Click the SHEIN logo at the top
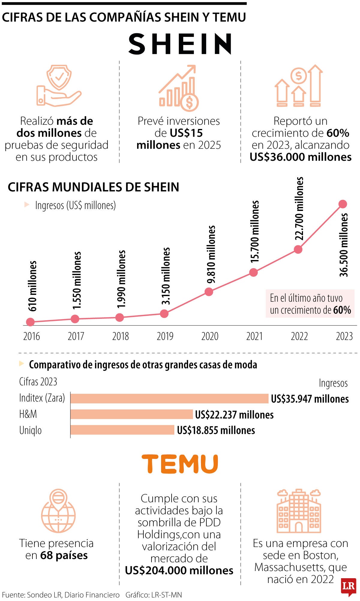(x=180, y=44)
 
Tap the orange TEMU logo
(x=180, y=464)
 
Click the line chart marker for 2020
(x=209, y=292)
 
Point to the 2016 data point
(x=30, y=322)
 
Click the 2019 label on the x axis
(x=165, y=336)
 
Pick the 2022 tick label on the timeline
(x=299, y=336)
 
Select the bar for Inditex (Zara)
(x=169, y=399)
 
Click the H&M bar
(x=132, y=414)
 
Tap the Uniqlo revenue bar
(x=122, y=430)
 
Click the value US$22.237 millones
(x=234, y=415)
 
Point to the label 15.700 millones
(x=255, y=232)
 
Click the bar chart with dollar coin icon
(x=179, y=88)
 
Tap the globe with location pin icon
(x=58, y=511)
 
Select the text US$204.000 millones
(x=179, y=570)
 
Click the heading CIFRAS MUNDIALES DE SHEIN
(x=93, y=187)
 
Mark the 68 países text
(x=64, y=555)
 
